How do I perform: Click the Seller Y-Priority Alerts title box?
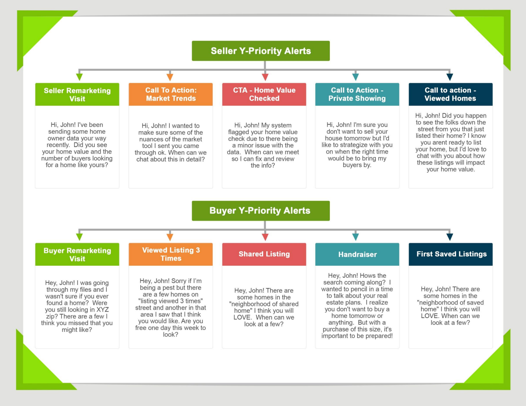[261, 51]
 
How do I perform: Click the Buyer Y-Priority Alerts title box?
[261, 211]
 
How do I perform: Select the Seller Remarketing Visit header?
[77, 94]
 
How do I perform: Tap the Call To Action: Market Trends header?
[170, 94]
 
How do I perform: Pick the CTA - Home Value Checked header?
[264, 94]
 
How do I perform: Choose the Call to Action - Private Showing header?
[357, 94]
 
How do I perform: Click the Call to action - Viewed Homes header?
[450, 94]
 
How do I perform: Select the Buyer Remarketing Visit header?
[77, 254]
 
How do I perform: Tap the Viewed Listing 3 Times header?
[170, 254]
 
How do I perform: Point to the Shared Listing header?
[264, 254]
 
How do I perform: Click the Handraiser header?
[357, 254]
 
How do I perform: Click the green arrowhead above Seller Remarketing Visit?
[79, 77]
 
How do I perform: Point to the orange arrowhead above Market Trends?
[170, 77]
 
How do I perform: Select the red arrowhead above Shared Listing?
[265, 237]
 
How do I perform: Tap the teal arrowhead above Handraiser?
[356, 237]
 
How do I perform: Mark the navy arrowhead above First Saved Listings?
[450, 237]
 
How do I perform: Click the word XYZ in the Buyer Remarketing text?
[102, 310]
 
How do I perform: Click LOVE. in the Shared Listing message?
[243, 317]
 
